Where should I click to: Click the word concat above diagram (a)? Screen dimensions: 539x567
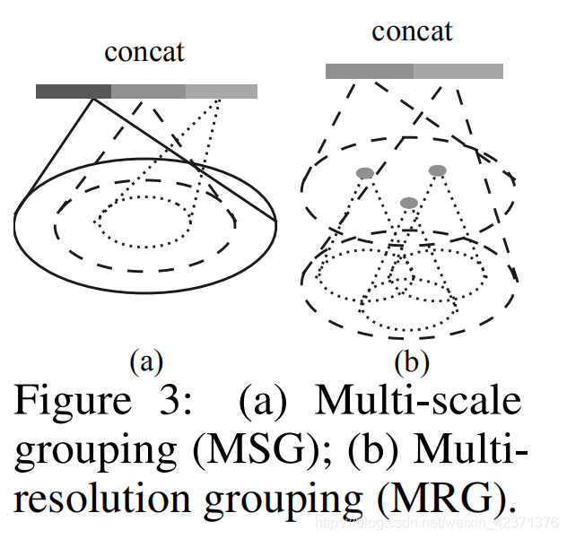tap(144, 52)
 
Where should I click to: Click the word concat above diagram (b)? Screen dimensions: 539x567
tap(412, 32)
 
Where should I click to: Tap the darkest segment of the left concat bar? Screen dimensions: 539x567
tap(74, 91)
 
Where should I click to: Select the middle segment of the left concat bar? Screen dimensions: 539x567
tap(148, 91)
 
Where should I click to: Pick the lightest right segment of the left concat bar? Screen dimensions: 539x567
tap(222, 91)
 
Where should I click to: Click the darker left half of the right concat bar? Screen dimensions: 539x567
tap(369, 71)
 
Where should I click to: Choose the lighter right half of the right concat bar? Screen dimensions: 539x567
tap(458, 71)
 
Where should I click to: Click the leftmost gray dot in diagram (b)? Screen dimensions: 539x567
tap(364, 172)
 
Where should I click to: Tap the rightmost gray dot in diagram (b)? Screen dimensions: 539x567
tap(437, 170)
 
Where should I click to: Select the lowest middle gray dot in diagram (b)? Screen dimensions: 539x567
tap(409, 203)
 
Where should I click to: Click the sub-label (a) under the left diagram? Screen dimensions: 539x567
tap(146, 362)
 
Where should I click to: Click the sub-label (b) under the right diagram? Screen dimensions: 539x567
tap(412, 362)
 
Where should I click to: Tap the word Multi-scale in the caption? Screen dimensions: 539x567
tap(418, 400)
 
